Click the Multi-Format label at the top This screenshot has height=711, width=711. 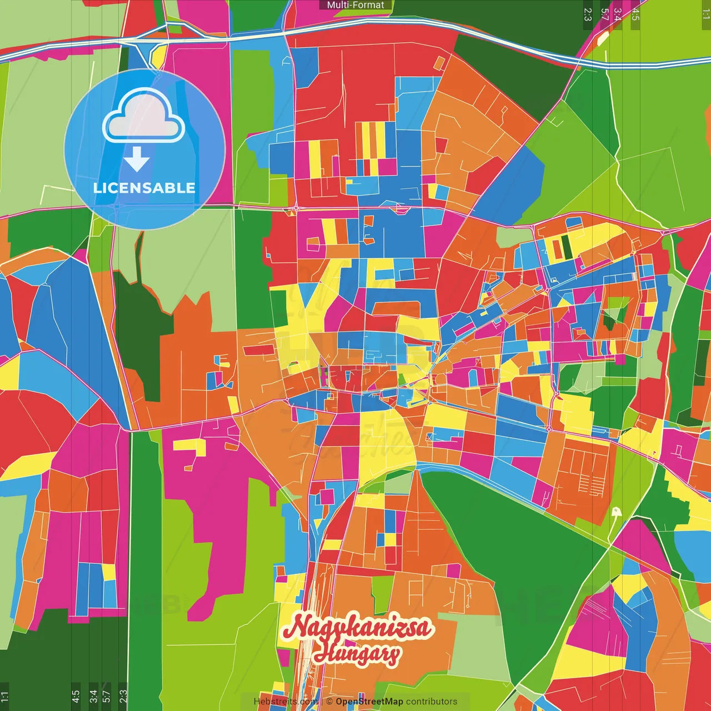click(x=355, y=5)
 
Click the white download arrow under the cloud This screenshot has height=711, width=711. click(x=137, y=159)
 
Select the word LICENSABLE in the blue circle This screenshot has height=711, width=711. click(x=144, y=188)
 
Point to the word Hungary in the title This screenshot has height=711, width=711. click(x=357, y=653)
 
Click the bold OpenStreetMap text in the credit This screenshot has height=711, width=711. click(x=369, y=702)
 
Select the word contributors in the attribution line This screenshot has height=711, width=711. click(x=432, y=702)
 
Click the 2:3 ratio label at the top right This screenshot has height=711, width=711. click(x=588, y=14)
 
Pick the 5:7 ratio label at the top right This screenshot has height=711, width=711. click(x=604, y=14)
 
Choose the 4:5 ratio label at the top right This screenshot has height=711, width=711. click(x=635, y=14)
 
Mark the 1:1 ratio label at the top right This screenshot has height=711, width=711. click(x=705, y=14)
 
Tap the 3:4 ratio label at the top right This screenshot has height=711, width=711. click(x=618, y=14)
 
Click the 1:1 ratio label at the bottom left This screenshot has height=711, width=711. click(x=4, y=697)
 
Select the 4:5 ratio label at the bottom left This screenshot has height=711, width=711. click(x=76, y=697)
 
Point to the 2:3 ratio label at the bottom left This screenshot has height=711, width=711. click(x=123, y=697)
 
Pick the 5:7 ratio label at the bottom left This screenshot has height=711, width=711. click(x=107, y=697)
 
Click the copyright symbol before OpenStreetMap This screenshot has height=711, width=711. click(x=329, y=702)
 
